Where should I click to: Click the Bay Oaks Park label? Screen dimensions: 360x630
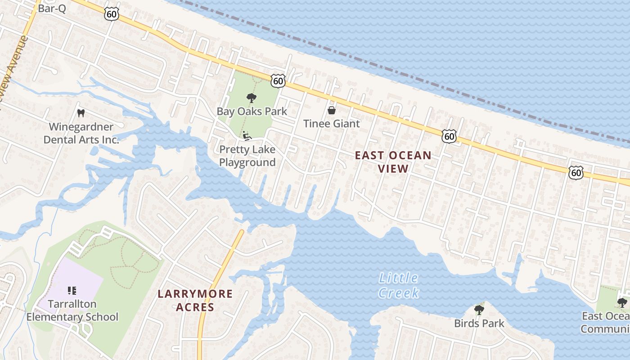[x=252, y=111]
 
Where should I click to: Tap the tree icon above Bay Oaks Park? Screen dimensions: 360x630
[x=251, y=98]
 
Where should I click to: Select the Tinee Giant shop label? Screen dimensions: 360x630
[x=332, y=123]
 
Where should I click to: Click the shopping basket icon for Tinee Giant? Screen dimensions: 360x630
[x=332, y=110]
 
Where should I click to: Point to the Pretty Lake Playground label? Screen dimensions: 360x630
[x=247, y=156]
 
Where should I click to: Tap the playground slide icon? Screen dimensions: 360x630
[x=246, y=135]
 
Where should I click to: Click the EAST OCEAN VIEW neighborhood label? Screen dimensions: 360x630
[x=393, y=162]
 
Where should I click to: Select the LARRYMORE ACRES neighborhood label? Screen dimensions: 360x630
[x=195, y=301]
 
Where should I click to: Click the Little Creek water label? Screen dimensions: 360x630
[x=399, y=285]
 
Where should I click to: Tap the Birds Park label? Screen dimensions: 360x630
[x=479, y=323]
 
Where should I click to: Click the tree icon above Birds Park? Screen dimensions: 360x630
[x=479, y=310]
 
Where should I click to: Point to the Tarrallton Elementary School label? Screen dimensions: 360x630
[x=72, y=310]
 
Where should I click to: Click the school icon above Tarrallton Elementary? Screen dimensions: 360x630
[x=72, y=291]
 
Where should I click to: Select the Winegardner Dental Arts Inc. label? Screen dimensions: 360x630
[x=81, y=133]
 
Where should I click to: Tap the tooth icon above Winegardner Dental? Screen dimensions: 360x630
[x=81, y=113]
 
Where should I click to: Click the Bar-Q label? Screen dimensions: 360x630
[x=52, y=8]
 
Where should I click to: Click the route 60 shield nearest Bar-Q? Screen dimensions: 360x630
[x=111, y=14]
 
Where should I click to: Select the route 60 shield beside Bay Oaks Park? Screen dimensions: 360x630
[x=278, y=81]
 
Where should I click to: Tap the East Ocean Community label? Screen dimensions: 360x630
[x=605, y=322]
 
